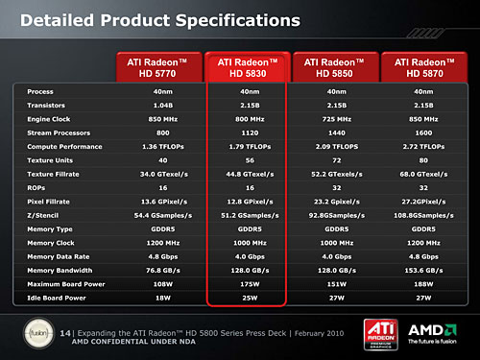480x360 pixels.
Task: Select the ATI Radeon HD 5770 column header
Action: (159, 66)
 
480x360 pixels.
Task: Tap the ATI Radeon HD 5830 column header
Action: (248, 66)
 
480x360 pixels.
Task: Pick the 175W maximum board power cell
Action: (248, 285)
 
